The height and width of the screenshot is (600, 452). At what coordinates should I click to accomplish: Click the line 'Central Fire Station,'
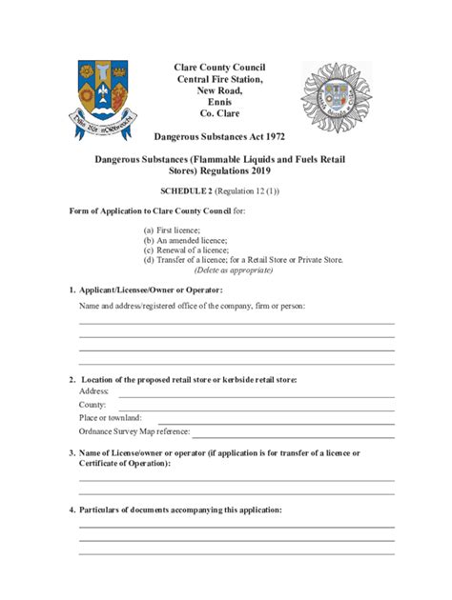pyautogui.click(x=219, y=79)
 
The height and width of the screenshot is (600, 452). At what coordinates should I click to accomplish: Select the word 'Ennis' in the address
pyautogui.click(x=219, y=102)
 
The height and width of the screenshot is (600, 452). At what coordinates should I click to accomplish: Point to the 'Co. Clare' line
pyautogui.click(x=219, y=113)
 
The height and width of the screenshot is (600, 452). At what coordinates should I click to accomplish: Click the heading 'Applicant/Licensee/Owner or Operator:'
pyautogui.click(x=151, y=290)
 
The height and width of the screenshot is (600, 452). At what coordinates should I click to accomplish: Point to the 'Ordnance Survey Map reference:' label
pyautogui.click(x=134, y=431)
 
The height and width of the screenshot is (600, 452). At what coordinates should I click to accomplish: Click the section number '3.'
pyautogui.click(x=72, y=453)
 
